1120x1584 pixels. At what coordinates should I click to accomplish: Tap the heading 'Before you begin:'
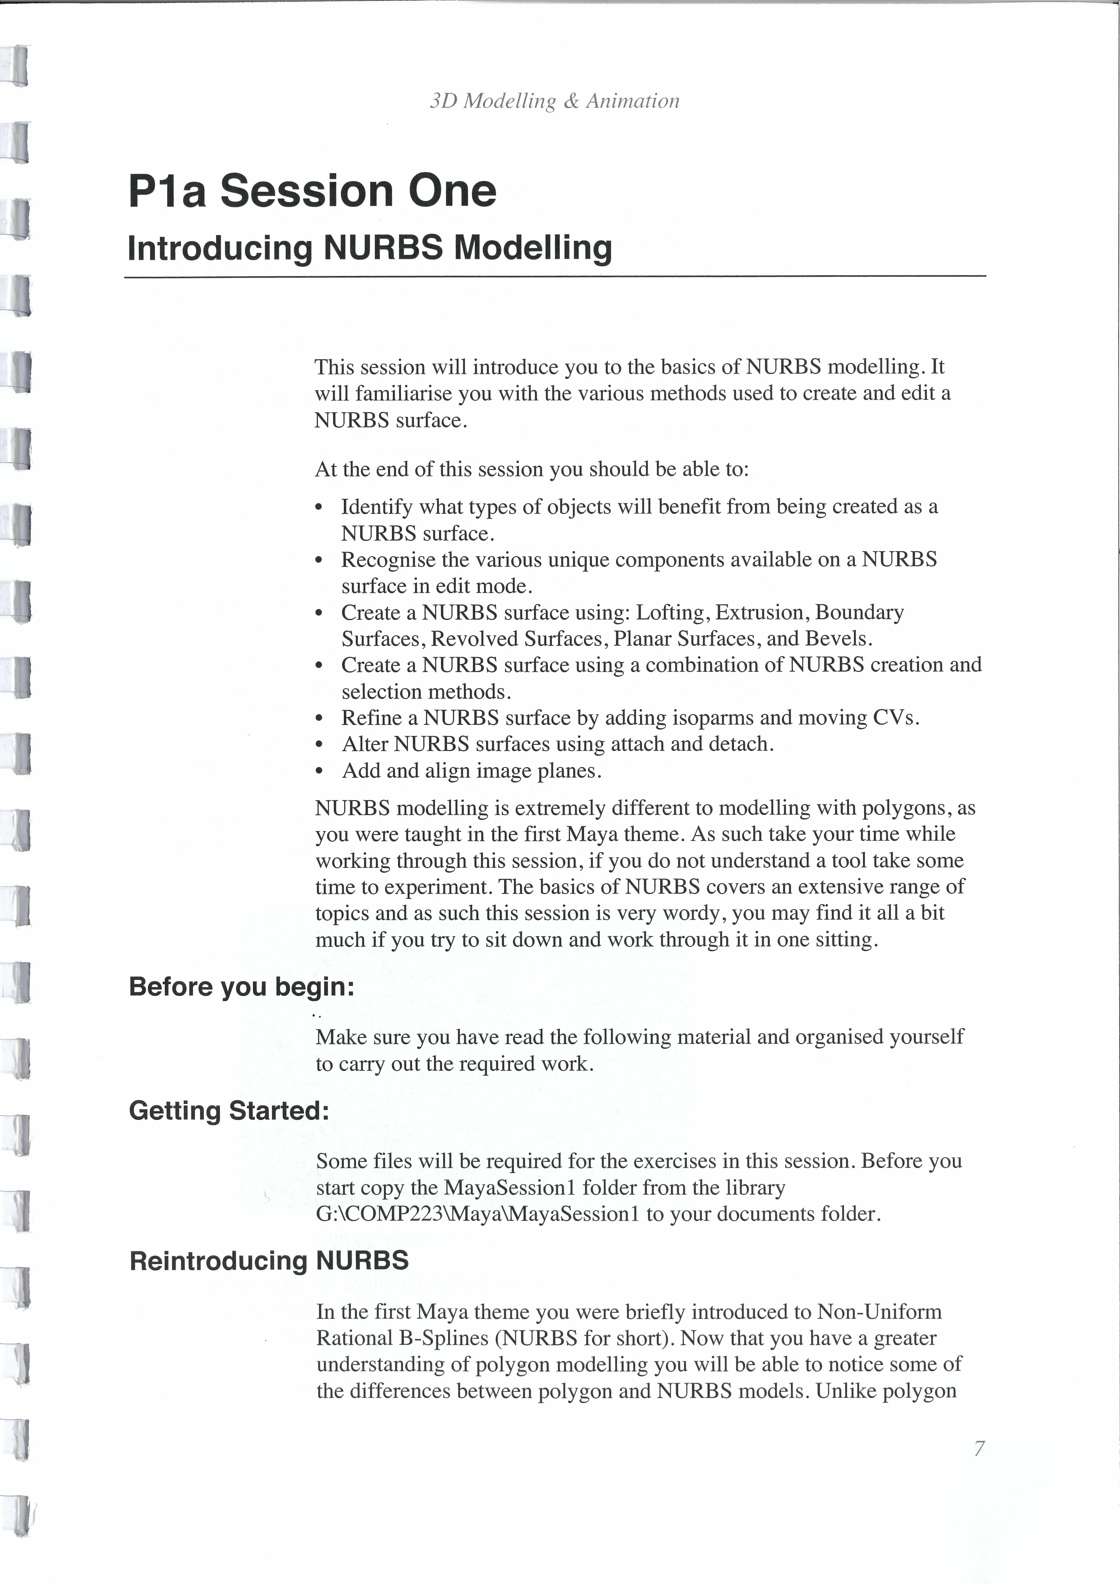pos(241,987)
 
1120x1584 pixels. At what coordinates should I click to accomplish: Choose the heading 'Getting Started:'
pos(229,1111)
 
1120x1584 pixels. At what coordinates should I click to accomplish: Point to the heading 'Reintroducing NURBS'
pos(269,1260)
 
